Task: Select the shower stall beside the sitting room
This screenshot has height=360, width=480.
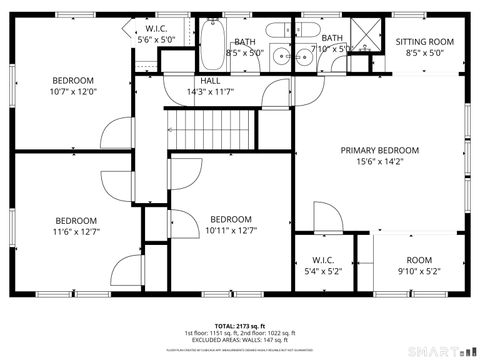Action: click(x=365, y=37)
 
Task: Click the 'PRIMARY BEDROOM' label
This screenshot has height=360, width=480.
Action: click(x=379, y=150)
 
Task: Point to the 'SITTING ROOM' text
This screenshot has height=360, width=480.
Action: click(x=424, y=42)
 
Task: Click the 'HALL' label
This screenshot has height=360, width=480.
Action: click(x=210, y=81)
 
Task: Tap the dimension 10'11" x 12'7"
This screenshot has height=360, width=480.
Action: click(x=231, y=231)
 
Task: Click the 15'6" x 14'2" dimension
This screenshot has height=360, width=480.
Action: click(x=379, y=162)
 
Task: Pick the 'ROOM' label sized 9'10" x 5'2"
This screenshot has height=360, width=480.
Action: click(x=418, y=258)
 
